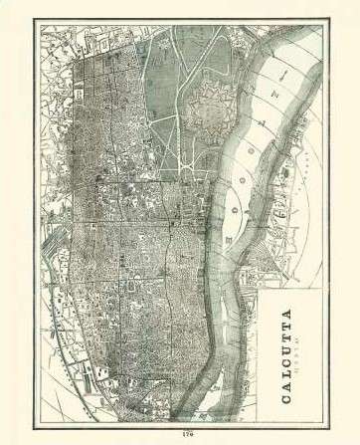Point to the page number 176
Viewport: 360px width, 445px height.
181,434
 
